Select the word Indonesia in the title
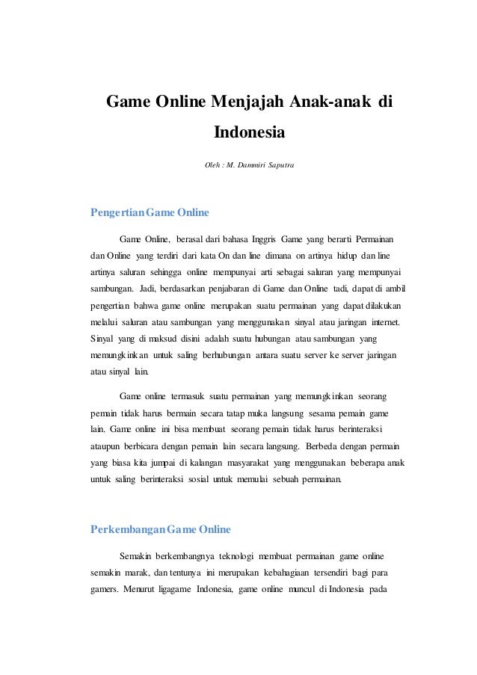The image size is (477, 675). point(250,133)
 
